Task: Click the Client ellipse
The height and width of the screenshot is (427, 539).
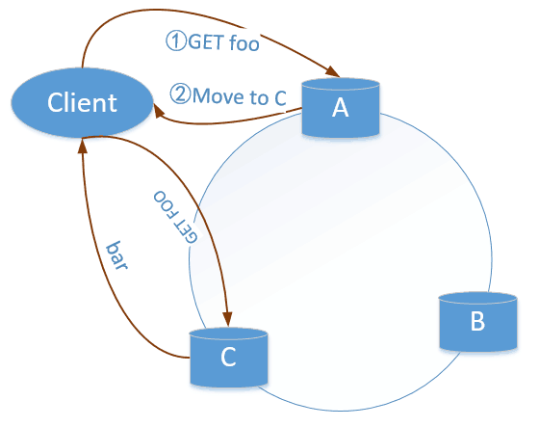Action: point(82,102)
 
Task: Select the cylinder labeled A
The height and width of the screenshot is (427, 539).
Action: point(341,108)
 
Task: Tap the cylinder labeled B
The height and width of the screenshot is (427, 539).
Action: point(478,322)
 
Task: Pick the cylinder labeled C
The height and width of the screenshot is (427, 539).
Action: point(229,358)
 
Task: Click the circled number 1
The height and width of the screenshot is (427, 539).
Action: point(176,40)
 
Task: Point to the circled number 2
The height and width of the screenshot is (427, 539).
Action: point(180,94)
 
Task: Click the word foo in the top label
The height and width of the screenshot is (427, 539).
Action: point(244,43)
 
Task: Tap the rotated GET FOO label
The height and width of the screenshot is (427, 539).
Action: point(175,217)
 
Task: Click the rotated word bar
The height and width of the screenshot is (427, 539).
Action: point(116,255)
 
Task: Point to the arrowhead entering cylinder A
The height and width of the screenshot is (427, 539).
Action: point(333,71)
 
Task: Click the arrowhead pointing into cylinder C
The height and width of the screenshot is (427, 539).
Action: point(227,319)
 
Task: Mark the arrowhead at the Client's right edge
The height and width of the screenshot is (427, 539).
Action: point(159,111)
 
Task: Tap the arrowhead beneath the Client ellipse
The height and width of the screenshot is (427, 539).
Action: point(82,146)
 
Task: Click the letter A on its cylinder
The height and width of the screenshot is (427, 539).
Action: point(341,107)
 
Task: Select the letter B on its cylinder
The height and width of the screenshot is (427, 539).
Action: point(477,321)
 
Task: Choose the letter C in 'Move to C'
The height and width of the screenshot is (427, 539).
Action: point(280,97)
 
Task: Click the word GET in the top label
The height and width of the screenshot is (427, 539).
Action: point(206,42)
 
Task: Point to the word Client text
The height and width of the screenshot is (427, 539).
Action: point(82,102)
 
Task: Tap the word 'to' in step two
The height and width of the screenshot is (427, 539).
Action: point(259,97)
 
